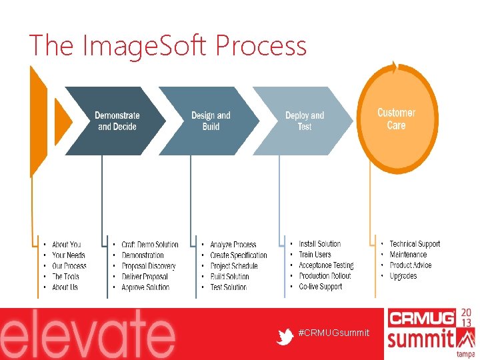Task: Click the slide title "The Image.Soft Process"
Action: [x=168, y=46]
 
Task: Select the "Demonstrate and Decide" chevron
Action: [x=117, y=121]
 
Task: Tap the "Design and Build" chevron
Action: [x=211, y=121]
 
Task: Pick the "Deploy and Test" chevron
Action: [x=304, y=121]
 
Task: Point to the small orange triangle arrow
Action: [x=62, y=121]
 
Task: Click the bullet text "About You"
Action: [x=66, y=245]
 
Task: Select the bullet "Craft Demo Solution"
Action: [x=150, y=245]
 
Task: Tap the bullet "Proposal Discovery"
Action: [x=149, y=266]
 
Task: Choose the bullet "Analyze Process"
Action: [x=233, y=245]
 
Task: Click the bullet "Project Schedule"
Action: [x=233, y=266]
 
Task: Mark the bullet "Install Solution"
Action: [x=319, y=244]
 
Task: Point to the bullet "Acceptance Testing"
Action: [x=326, y=265]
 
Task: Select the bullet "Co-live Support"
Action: [x=320, y=287]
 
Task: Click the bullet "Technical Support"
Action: [x=415, y=244]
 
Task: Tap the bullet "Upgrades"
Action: [x=403, y=276]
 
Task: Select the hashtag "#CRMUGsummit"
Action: [x=333, y=333]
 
